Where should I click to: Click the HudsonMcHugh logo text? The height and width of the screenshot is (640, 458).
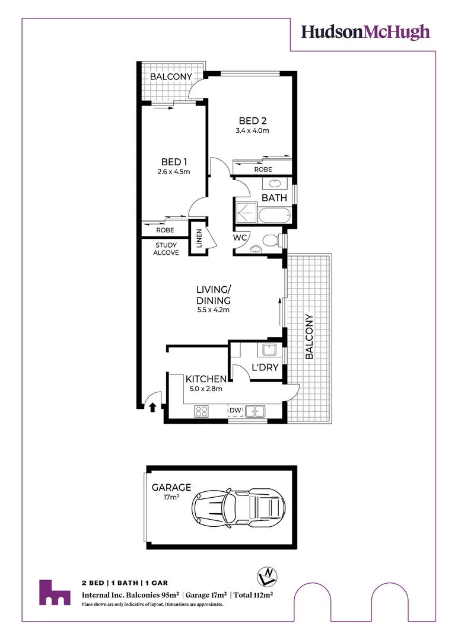[x=365, y=32]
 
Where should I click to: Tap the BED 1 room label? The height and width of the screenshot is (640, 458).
[x=174, y=162]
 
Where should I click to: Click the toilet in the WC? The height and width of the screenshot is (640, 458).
[x=271, y=241]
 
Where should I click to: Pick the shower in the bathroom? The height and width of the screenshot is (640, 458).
[x=246, y=212]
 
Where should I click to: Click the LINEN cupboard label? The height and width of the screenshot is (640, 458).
[x=199, y=238]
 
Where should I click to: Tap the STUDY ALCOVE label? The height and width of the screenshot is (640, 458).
[x=167, y=249]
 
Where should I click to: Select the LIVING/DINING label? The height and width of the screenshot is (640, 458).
[x=214, y=295]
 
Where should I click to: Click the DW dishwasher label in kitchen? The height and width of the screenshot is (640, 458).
[x=236, y=410]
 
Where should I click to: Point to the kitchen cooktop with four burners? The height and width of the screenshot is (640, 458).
[x=201, y=410]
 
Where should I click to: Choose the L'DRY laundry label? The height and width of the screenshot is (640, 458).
[x=265, y=367]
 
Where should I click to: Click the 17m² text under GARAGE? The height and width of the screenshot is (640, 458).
[x=171, y=497]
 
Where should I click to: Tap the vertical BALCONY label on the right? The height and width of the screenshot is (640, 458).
[x=309, y=337]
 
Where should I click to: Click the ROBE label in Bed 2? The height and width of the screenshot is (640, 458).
[x=263, y=169]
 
